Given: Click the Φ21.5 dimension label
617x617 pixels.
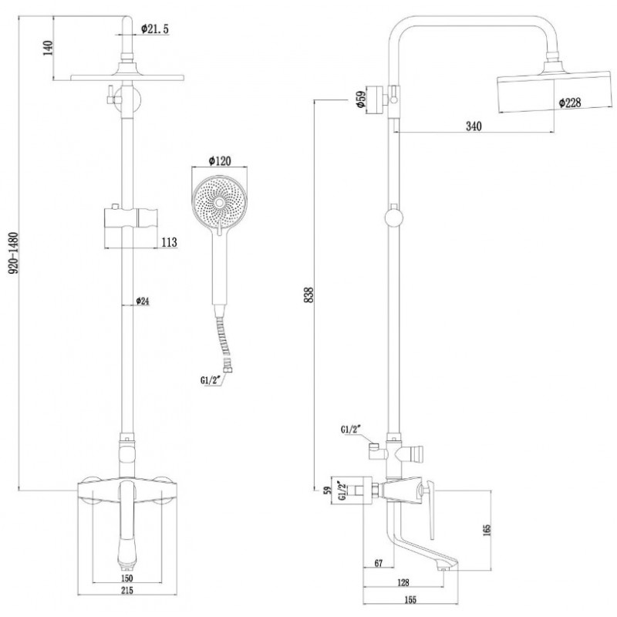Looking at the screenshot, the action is [x=155, y=29].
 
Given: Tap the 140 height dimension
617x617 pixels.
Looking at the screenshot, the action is [x=48, y=48].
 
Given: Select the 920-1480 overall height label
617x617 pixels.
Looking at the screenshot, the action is [x=13, y=253].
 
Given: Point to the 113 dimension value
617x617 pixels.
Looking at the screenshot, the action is [x=169, y=242].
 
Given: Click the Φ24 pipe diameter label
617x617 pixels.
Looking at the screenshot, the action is [x=143, y=301].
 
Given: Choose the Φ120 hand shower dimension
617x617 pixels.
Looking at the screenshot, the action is [x=221, y=160].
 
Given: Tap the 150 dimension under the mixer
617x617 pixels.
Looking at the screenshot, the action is [x=126, y=578].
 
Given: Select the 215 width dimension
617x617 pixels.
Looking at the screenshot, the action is [x=126, y=590].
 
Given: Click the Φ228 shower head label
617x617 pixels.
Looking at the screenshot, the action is [x=570, y=103].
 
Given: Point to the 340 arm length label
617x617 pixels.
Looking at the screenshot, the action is [x=474, y=126].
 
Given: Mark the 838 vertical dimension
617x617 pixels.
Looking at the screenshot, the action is [x=309, y=295].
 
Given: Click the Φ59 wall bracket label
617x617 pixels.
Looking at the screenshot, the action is [x=360, y=99].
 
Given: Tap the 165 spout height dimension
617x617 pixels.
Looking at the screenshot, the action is [x=487, y=530].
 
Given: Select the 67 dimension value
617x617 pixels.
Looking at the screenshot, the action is [x=378, y=564].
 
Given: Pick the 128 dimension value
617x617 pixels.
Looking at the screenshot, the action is [x=403, y=582].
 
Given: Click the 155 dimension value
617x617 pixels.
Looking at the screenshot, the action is [x=410, y=600].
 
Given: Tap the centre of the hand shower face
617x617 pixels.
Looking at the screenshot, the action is [x=219, y=203].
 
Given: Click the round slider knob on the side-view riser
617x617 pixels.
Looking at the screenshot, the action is [x=394, y=218].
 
